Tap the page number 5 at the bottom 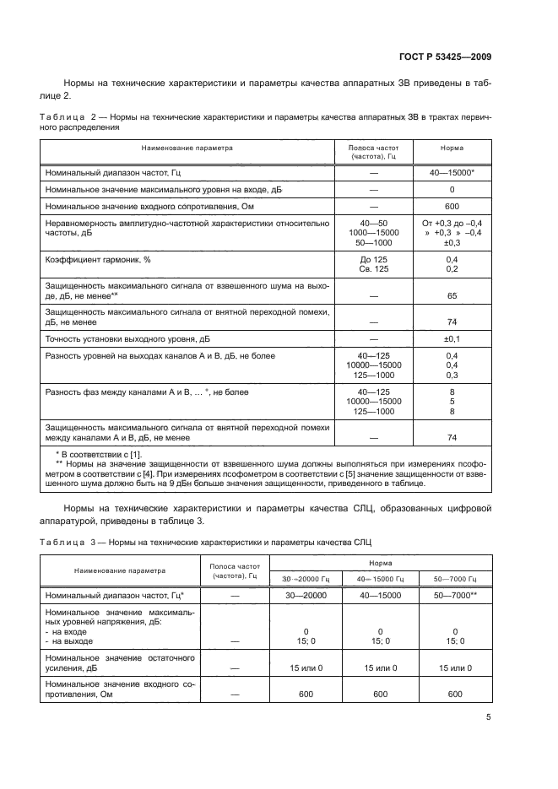489,718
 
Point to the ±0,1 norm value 452,339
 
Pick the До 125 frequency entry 373,260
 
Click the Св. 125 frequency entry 373,270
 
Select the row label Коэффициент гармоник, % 91,260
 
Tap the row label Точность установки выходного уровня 127,339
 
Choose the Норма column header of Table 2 452,148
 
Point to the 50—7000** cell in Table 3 455,596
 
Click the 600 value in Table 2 452,208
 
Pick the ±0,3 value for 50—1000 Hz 452,242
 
